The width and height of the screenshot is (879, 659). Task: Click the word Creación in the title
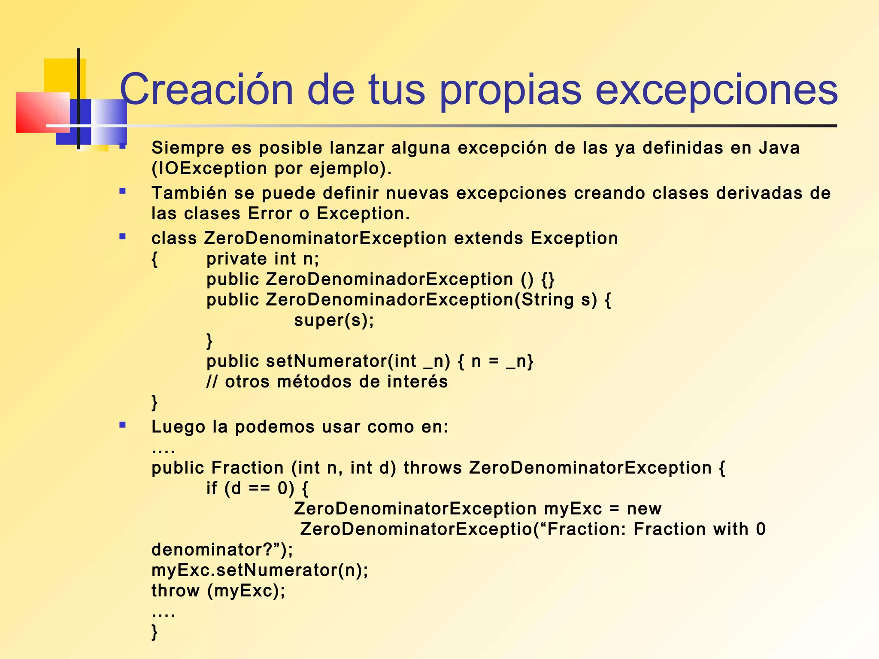tap(206, 89)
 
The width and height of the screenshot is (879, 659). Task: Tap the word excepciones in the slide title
tap(716, 89)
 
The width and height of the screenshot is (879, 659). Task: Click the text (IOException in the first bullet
tap(209, 168)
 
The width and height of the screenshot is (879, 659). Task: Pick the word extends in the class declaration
tap(488, 238)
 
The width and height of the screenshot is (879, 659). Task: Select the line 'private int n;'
tap(263, 259)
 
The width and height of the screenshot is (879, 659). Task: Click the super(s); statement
tap(334, 320)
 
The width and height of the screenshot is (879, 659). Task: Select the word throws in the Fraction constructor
tap(432, 468)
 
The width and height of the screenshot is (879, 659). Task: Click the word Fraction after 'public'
tap(248, 468)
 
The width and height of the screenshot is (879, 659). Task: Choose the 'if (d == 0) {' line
tap(257, 488)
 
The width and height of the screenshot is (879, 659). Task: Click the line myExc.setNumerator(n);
tap(260, 570)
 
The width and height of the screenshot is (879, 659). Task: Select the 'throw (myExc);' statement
tap(218, 591)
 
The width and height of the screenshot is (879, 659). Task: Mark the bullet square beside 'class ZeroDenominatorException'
tap(123, 236)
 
